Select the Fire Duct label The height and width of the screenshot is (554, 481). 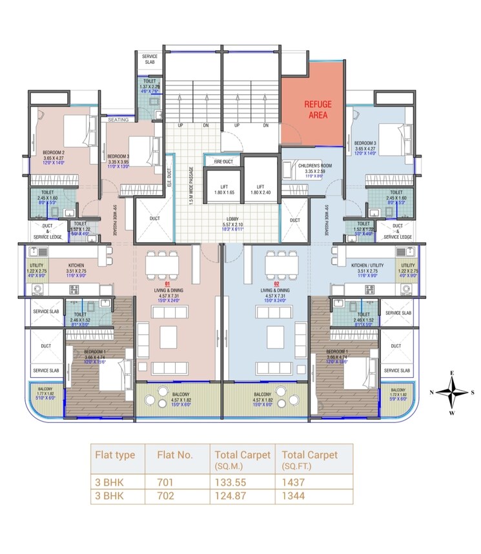[223, 161]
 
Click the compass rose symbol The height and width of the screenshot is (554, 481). [455, 393]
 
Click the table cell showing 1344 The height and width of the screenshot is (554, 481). [293, 496]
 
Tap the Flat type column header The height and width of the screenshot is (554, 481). [115, 455]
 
